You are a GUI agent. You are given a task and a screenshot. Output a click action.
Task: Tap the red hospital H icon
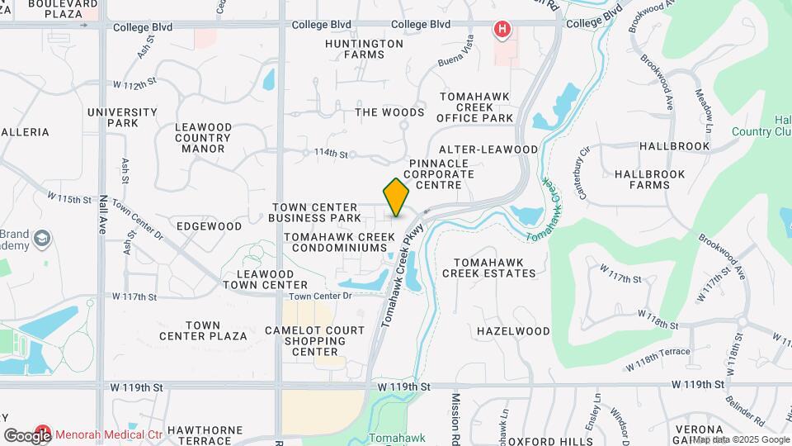pos(502,31)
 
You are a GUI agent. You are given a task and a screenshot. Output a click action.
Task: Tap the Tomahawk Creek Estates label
pos(489,267)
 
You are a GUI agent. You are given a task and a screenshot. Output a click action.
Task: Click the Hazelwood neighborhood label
pos(513,331)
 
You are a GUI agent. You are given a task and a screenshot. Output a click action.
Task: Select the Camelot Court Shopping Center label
pos(314,341)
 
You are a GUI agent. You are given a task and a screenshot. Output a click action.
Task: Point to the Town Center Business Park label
pos(314,212)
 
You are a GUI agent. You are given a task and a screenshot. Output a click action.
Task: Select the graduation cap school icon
pos(40,240)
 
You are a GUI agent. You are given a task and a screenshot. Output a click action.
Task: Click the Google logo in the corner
pos(27,435)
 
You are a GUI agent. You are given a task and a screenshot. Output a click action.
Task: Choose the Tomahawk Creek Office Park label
pos(476,107)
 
